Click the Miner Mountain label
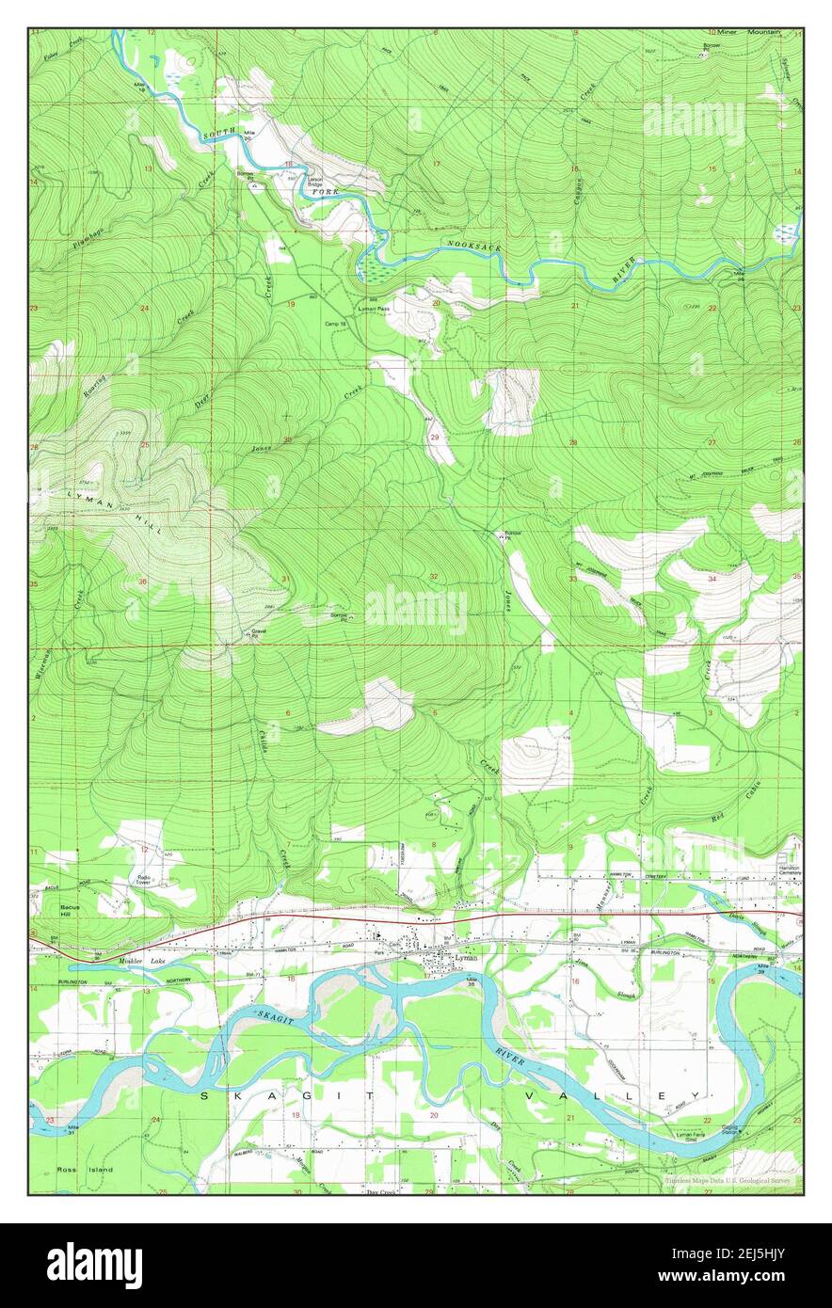coord(744,32)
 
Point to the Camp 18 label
coord(336,324)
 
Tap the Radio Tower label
coord(144,881)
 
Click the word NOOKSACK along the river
coord(474,246)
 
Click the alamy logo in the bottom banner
coord(95,1265)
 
